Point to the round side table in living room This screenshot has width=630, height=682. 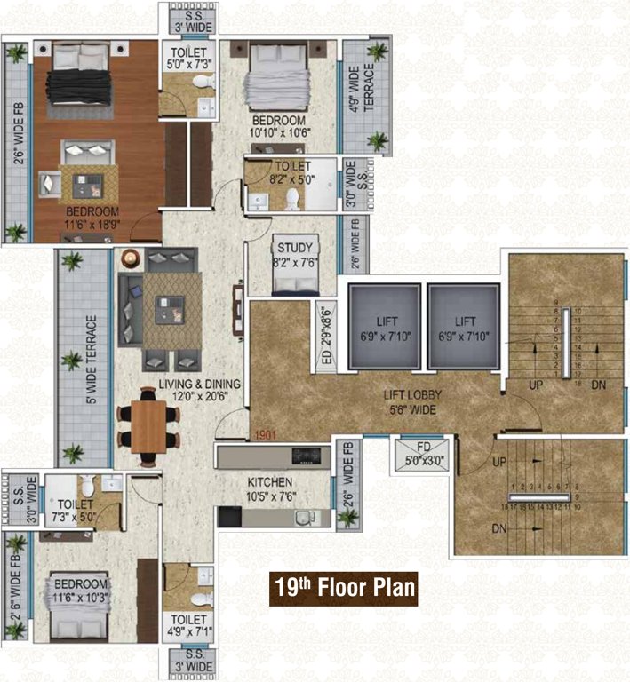click(131, 259)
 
